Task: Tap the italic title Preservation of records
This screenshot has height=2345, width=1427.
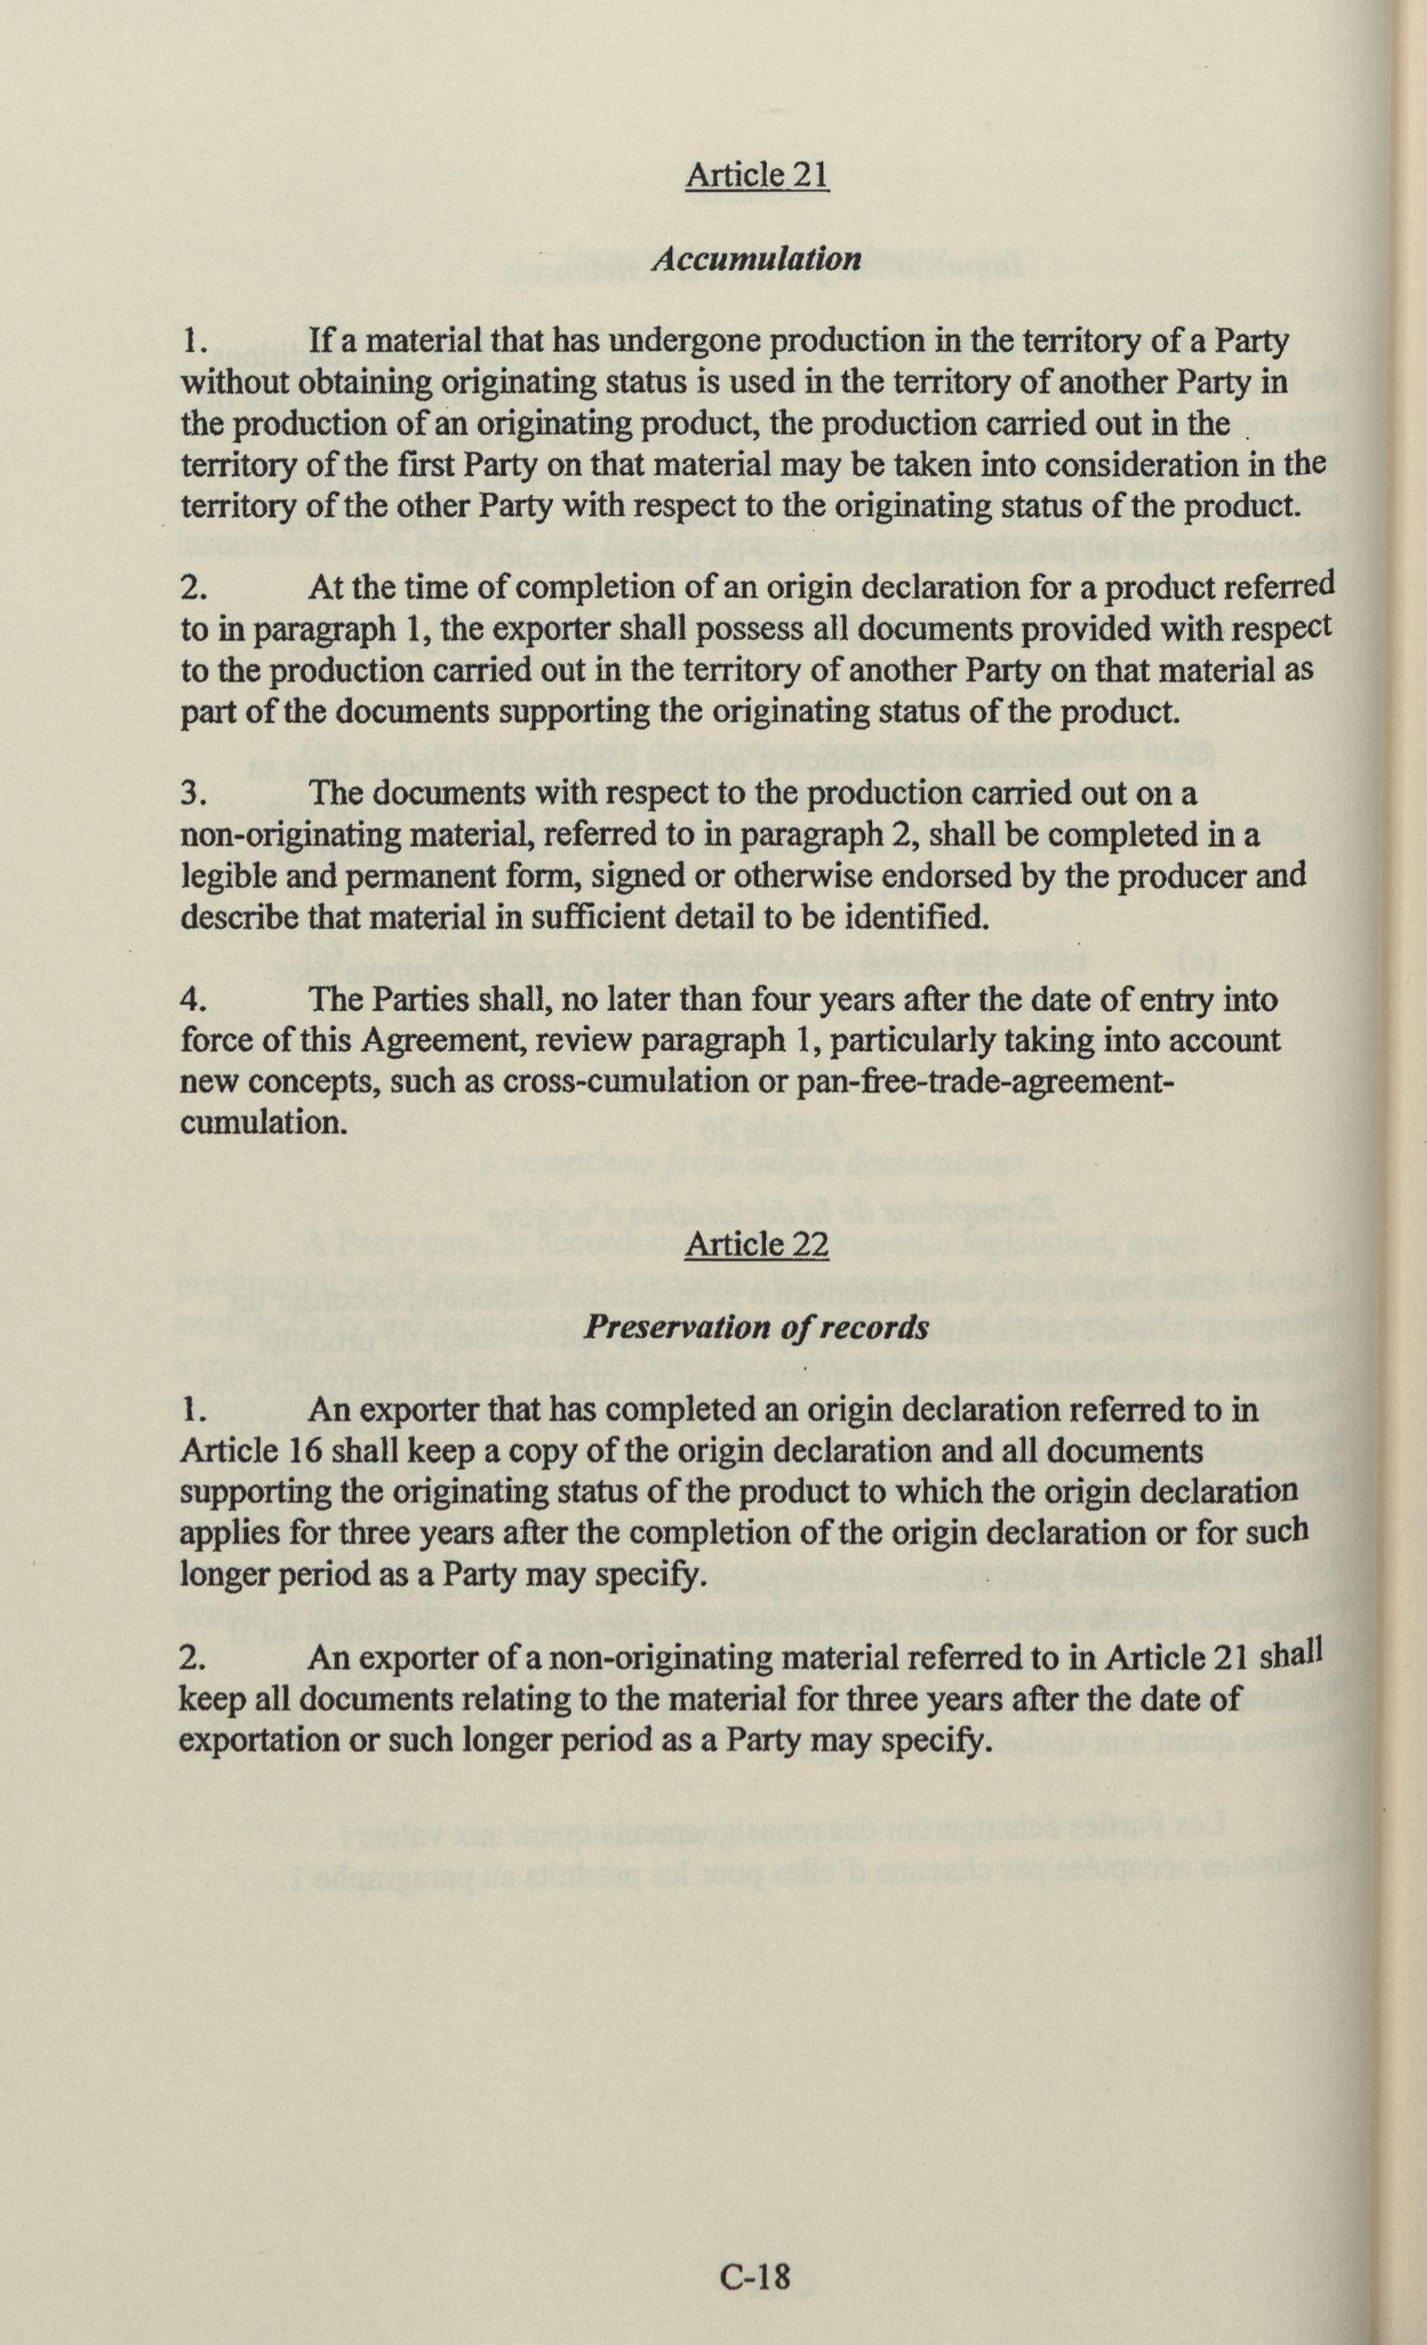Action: tap(757, 1328)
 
